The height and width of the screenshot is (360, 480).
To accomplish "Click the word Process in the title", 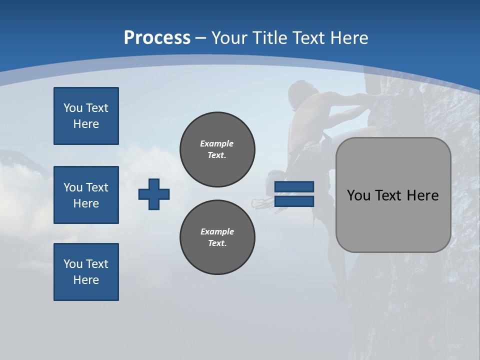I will pos(157,37).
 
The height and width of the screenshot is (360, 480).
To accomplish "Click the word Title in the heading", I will pos(268,38).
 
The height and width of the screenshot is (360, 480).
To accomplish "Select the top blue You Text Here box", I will pos(86,116).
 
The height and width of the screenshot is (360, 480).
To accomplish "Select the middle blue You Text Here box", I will pos(86,195).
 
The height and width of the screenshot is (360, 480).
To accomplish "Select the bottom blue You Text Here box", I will pos(86,272).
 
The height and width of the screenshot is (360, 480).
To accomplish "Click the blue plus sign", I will pos(154,194).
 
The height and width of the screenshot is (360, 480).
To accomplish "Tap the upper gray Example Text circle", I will pos(217,149).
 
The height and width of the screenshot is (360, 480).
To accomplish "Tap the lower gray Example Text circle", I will pos(217,237).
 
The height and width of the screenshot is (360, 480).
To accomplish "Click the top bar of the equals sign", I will pos(294,186).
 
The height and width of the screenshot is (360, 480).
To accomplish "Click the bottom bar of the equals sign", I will pos(294,201).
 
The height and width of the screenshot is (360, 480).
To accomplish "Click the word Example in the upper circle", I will pos(217,143).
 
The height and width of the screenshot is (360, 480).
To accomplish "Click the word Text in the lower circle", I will pos(217,243).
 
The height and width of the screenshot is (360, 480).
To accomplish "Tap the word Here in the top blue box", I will pos(86,124).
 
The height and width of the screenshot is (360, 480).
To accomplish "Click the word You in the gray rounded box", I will pos(358,195).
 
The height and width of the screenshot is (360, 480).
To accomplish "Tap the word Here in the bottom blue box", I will pos(86,280).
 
